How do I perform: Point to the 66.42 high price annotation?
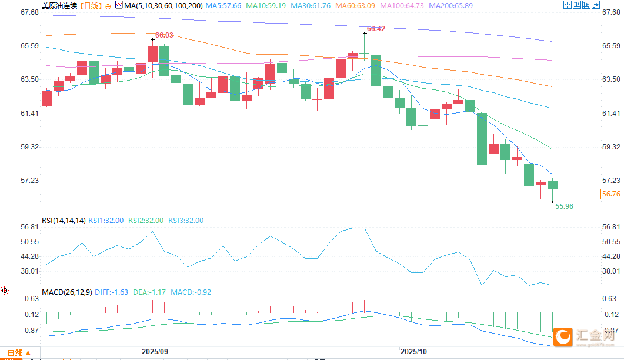[376, 28]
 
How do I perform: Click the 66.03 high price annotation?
[164, 35]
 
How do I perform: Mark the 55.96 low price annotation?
[564, 206]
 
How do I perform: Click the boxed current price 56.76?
[612, 194]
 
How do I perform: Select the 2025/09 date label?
[155, 351]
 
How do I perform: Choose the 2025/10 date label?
[413, 351]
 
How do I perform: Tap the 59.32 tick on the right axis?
[612, 146]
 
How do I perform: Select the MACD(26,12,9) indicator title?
[66, 292]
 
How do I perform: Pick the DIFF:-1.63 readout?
[112, 292]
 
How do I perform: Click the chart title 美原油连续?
[59, 5]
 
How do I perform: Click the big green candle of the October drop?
[482, 139]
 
